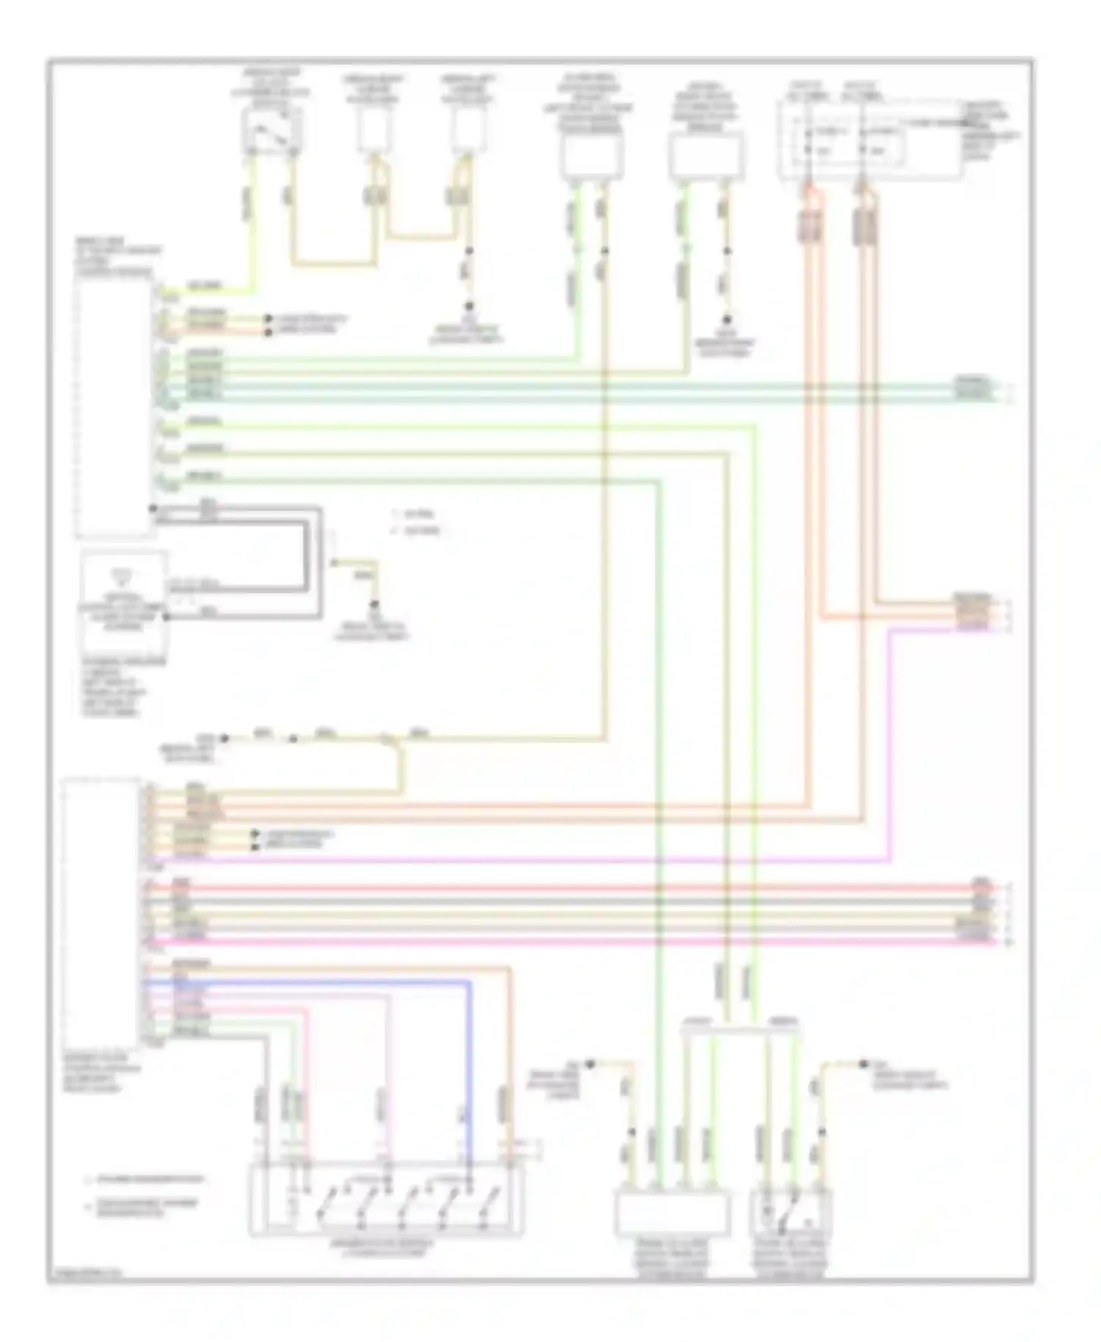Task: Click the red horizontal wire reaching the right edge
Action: pyautogui.click(x=587, y=888)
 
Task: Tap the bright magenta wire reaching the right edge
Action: pyautogui.click(x=587, y=940)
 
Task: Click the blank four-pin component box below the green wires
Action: pyautogui.click(x=672, y=1213)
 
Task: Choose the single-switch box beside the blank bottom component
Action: pyautogui.click(x=791, y=1213)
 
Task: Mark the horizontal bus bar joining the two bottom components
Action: pyautogui.click(x=740, y=1030)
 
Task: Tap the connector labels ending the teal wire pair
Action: pyautogui.click(x=973, y=389)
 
